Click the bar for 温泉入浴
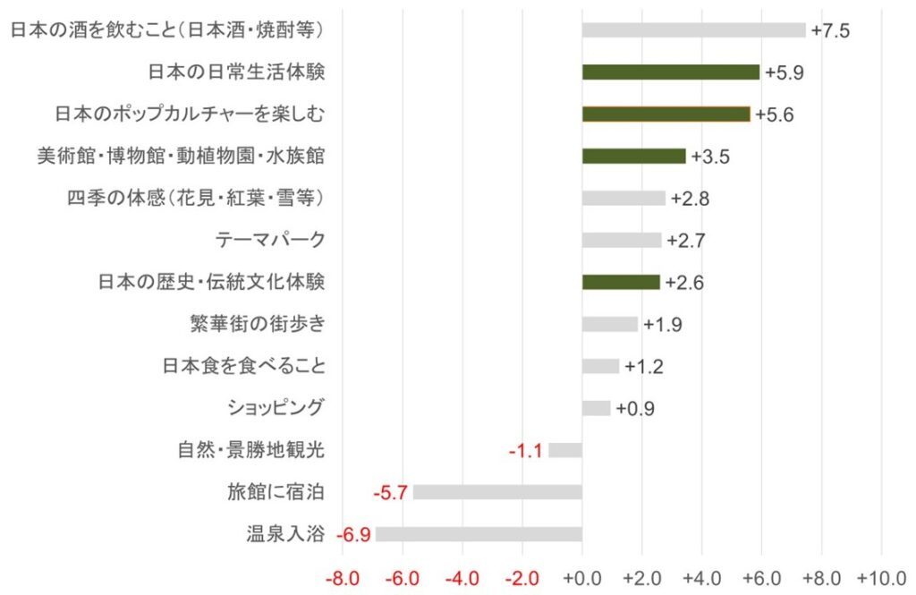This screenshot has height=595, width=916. coord(479,534)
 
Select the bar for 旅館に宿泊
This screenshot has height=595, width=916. coord(497,492)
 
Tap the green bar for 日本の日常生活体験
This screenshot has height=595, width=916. coord(670,72)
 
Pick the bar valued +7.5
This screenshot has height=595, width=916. coord(693,30)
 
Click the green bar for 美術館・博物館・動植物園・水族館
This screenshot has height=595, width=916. coord(633,156)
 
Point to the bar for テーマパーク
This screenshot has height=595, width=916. coord(622,240)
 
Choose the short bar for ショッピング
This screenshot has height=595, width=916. coord(596,408)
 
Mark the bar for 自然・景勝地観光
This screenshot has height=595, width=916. coord(565,450)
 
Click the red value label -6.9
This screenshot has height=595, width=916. coord(353,535)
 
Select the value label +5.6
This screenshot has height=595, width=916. coord(774,115)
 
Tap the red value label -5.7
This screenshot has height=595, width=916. coord(391,492)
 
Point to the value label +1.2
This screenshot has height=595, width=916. coord(643,367)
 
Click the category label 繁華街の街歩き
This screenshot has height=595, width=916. coord(257,324)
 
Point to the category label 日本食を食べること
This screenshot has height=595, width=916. coord(243,366)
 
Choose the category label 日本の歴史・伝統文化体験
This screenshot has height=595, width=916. coord(211,283)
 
